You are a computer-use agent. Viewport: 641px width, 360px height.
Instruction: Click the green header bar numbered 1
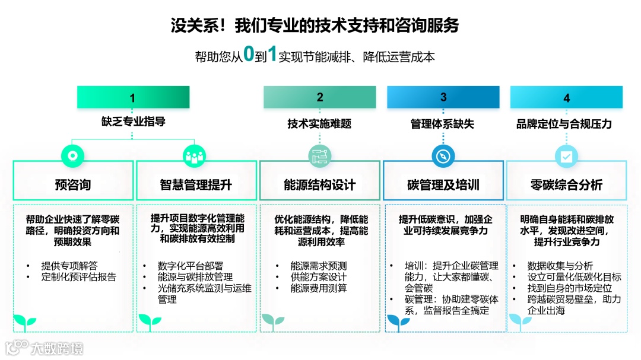coord(133,97)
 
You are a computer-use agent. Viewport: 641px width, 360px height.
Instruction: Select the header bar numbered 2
coord(319,97)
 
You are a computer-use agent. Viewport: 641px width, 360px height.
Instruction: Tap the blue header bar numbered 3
coord(443,97)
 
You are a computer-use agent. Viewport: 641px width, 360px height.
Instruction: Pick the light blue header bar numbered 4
coord(566,97)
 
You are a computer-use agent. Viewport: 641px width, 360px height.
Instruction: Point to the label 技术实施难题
coord(319,123)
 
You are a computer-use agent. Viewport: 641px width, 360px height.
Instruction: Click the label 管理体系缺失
coord(443,123)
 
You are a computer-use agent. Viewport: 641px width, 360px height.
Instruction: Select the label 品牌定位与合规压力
coord(564,123)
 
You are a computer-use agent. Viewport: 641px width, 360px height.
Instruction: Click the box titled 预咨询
coord(73,184)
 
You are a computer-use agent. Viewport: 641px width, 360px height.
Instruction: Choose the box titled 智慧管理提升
coord(196,184)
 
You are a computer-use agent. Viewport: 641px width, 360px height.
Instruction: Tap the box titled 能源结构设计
coord(319,184)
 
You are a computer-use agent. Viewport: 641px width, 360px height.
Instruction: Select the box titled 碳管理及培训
coord(443,184)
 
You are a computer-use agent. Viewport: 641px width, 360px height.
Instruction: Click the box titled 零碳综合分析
coord(566,184)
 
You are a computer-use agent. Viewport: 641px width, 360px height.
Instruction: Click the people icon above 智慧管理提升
coord(195,156)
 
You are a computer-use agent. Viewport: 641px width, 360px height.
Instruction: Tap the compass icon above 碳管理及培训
coord(443,156)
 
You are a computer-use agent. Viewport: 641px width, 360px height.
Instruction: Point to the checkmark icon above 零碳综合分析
coord(566,156)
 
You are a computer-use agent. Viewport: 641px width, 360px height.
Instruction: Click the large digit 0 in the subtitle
coord(249,55)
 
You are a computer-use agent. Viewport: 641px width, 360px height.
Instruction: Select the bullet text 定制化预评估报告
coord(78,277)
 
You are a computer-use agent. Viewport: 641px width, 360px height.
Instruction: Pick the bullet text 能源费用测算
coord(318,288)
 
